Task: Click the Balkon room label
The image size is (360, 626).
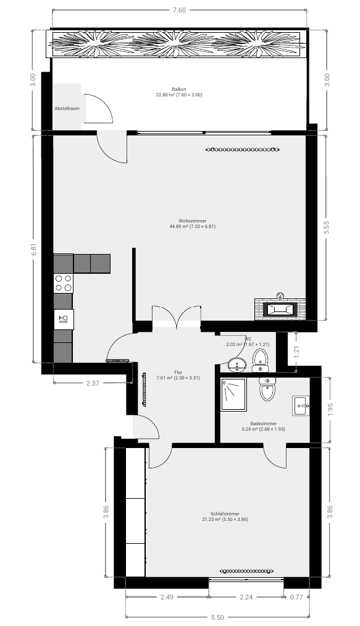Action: pyautogui.click(x=179, y=90)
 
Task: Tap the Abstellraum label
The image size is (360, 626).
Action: pyautogui.click(x=66, y=108)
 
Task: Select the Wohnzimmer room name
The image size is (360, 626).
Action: pyautogui.click(x=192, y=221)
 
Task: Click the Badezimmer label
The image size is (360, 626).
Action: pyautogui.click(x=263, y=423)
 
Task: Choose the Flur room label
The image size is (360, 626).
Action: pyautogui.click(x=161, y=372)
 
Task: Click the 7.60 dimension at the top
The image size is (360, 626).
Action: pyautogui.click(x=180, y=9)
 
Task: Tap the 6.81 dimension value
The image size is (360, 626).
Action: pyautogui.click(x=35, y=248)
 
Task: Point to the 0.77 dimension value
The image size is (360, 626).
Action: pyautogui.click(x=297, y=598)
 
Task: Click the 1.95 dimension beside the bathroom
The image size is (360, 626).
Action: pyautogui.click(x=329, y=409)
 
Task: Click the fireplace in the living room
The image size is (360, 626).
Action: pyautogui.click(x=280, y=307)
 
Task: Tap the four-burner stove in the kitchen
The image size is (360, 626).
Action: pyautogui.click(x=63, y=282)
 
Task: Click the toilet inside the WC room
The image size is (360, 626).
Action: pyautogui.click(x=261, y=357)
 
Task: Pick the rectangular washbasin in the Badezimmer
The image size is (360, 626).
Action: pyautogui.click(x=302, y=405)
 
